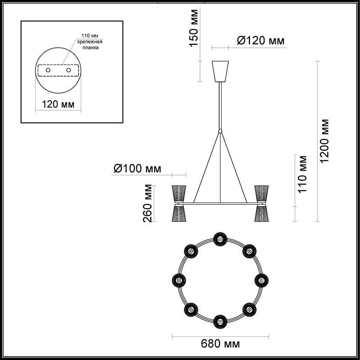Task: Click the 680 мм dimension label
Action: pos(220,344)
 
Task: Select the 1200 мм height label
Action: pos(325,141)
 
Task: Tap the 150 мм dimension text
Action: pos(193,28)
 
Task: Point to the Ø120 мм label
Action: pos(261,41)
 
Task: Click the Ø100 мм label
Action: pos(137,169)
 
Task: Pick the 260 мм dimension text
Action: pos(148,204)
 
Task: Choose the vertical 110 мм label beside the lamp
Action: pos(302,174)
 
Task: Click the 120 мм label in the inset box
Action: pos(58,104)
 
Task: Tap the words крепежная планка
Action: pos(90,45)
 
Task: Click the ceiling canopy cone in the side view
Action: pos(220,71)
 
